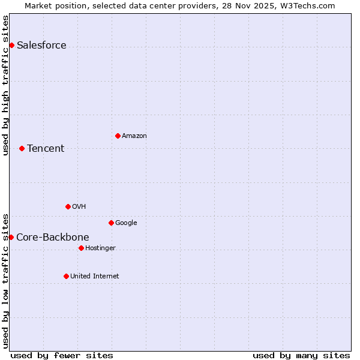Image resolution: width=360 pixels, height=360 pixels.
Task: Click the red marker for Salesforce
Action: pos(11,46)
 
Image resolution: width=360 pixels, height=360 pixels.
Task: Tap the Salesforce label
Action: pos(41,46)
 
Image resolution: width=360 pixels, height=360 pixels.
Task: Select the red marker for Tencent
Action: pos(22,148)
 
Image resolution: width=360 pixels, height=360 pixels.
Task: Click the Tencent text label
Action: pos(46,149)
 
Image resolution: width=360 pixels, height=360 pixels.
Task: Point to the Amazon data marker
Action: pos(118,136)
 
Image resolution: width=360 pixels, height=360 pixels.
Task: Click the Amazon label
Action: pos(134,136)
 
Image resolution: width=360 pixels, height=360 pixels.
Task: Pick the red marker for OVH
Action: pos(68,206)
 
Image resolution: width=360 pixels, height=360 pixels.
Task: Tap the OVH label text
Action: pos(79,207)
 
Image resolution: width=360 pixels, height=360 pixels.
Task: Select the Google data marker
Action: pos(111,223)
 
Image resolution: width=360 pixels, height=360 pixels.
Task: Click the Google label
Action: pos(126,223)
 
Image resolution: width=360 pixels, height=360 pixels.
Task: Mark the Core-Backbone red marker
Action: pos(11,237)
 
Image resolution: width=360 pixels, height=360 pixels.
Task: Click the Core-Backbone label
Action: pos(53,238)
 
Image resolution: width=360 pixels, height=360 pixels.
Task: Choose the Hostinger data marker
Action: pos(81,248)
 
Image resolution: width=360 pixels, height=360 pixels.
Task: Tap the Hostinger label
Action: pos(100,248)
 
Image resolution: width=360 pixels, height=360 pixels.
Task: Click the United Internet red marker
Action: pos(66,276)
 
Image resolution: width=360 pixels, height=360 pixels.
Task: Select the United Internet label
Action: pos(95,277)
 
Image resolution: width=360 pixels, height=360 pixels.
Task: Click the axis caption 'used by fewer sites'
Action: pos(62,356)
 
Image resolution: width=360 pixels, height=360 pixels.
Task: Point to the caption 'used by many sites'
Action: pos(301,356)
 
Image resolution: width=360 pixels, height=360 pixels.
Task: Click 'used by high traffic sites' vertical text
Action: pos(5,85)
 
